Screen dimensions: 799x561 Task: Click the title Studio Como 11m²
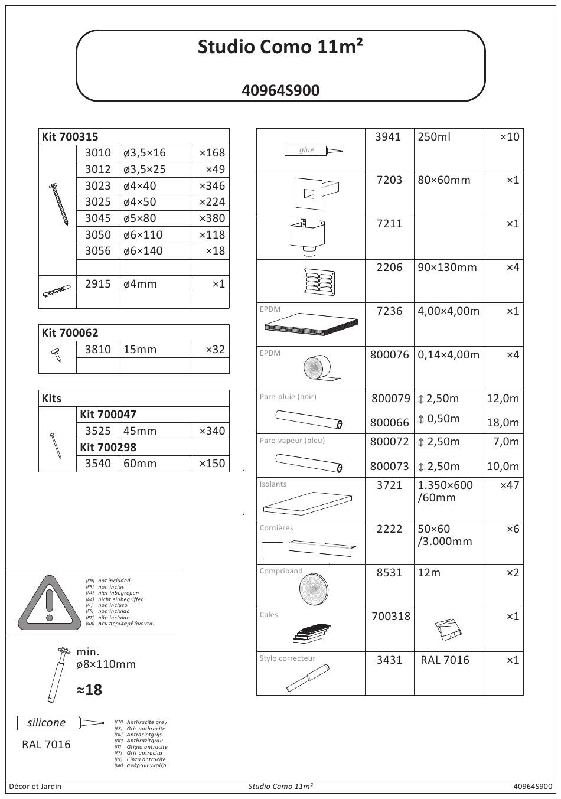click(x=280, y=47)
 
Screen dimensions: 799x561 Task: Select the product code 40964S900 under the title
click(x=280, y=90)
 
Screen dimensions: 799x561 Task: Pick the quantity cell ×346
click(x=211, y=185)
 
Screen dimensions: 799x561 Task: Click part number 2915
click(x=97, y=283)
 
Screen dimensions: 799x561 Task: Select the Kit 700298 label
click(x=108, y=447)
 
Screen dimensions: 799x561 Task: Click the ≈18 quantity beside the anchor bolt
click(x=89, y=690)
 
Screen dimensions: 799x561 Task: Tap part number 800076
click(x=389, y=354)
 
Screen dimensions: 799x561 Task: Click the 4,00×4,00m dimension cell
click(x=448, y=311)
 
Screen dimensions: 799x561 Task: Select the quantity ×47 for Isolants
click(x=509, y=485)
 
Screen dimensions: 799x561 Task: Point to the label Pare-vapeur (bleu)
click(x=292, y=440)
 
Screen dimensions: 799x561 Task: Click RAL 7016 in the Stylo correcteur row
click(x=445, y=660)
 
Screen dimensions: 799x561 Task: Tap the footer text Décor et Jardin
click(x=35, y=786)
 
